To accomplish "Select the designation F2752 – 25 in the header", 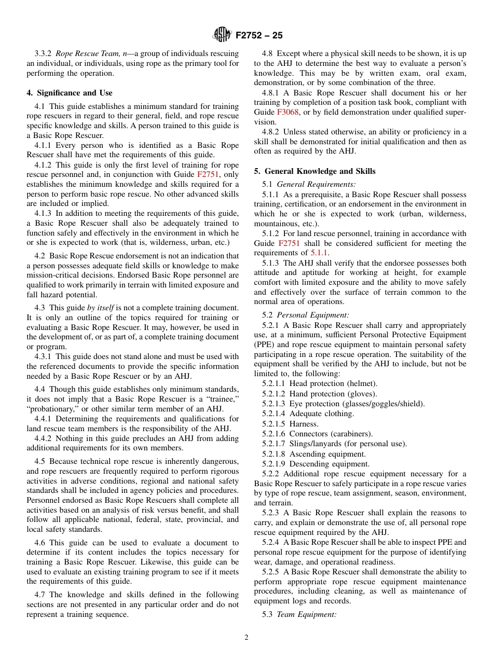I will coord(259,36).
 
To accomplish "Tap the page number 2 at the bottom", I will coord(246,638).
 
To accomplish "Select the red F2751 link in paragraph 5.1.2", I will coord(289,243).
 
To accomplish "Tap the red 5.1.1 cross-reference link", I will coord(320,253).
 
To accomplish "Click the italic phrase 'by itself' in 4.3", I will coord(100,308).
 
